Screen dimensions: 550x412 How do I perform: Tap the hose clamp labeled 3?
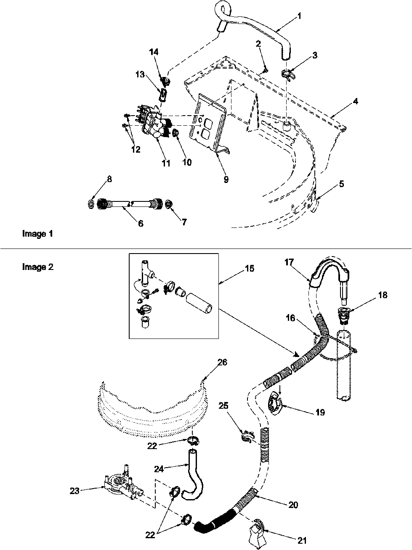(287, 74)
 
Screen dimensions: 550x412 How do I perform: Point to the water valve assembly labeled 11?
(154, 126)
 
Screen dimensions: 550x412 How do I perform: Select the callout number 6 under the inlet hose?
(140, 224)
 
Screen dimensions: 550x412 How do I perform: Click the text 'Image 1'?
(37, 234)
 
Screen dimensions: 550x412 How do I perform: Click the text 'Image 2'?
(37, 267)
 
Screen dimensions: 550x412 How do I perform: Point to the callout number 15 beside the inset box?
(250, 268)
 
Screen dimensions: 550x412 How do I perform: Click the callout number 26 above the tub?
(222, 362)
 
